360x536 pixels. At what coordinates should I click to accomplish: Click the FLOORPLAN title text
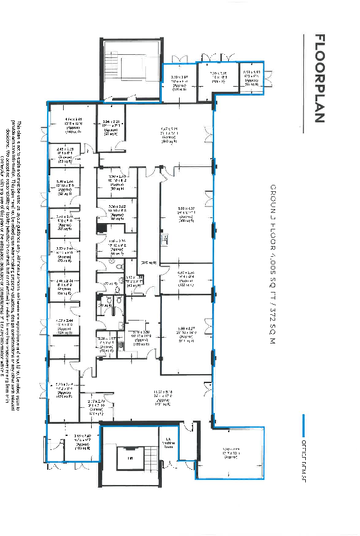click(320, 78)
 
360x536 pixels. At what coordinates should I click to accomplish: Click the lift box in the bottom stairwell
click(130, 458)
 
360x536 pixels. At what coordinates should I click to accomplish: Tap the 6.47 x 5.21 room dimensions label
click(169, 135)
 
